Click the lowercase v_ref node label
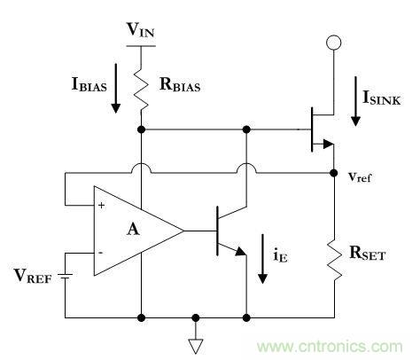click(360, 176)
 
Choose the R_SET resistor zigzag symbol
click(333, 257)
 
